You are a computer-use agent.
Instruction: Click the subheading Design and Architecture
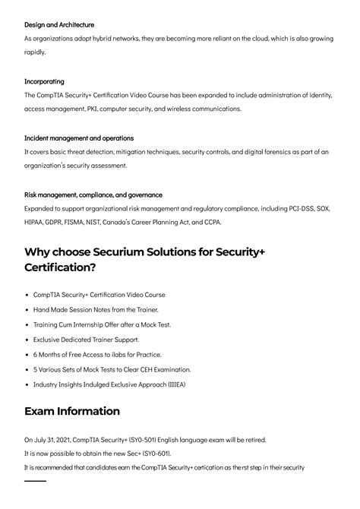tap(59, 25)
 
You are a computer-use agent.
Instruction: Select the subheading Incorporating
tap(44, 81)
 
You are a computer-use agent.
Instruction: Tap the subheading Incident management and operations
tap(79, 138)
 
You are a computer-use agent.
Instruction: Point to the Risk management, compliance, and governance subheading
tap(93, 194)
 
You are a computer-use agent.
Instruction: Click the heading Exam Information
tap(72, 411)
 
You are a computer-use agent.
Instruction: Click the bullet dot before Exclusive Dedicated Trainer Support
tap(27, 340)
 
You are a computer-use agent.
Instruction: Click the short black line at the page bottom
tap(35, 481)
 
